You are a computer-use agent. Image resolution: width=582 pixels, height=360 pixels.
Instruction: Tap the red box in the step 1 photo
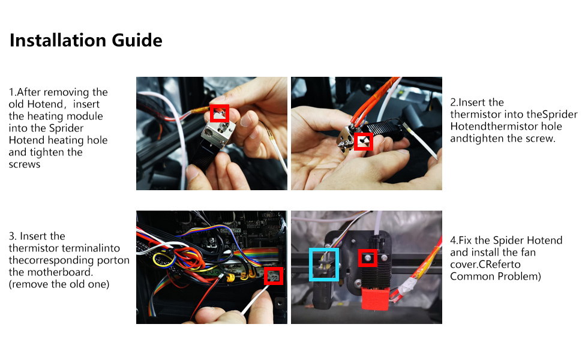click(x=220, y=112)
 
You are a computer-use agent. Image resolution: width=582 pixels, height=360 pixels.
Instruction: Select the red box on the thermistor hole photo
click(x=363, y=142)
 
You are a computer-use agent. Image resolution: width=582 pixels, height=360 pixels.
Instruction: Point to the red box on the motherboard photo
click(x=274, y=276)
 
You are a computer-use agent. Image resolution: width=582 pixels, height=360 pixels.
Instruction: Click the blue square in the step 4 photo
click(x=324, y=264)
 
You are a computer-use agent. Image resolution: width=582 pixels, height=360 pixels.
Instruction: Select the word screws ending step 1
click(x=25, y=164)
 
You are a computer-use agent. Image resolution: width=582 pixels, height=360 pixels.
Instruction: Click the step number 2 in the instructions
click(x=453, y=103)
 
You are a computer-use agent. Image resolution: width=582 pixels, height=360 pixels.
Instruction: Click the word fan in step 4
click(x=528, y=253)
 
